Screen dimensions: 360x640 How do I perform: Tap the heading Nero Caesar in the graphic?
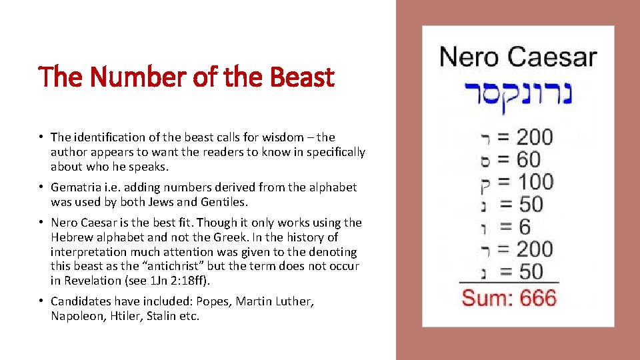(517, 57)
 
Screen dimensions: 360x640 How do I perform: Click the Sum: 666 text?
(509, 297)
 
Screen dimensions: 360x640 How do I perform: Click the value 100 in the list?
(535, 181)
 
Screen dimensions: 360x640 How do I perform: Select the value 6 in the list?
(524, 226)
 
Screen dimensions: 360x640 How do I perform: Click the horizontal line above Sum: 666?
(509, 283)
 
